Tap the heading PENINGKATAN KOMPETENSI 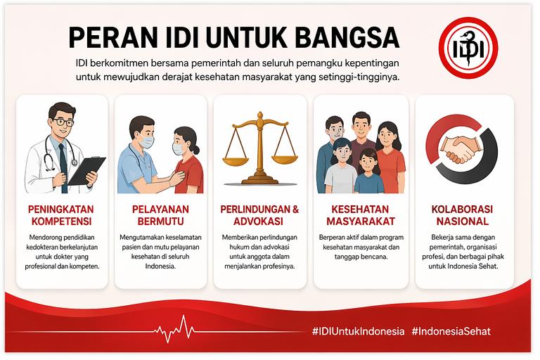click(61, 216)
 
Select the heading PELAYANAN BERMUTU click(161, 216)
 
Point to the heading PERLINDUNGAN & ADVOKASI click(259, 216)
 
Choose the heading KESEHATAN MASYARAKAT click(361, 216)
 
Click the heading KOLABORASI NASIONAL click(462, 216)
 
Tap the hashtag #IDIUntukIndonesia click(359, 330)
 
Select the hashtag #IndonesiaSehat click(451, 330)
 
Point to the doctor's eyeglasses click(62, 122)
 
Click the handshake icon click(465, 148)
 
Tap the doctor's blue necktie click(63, 154)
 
